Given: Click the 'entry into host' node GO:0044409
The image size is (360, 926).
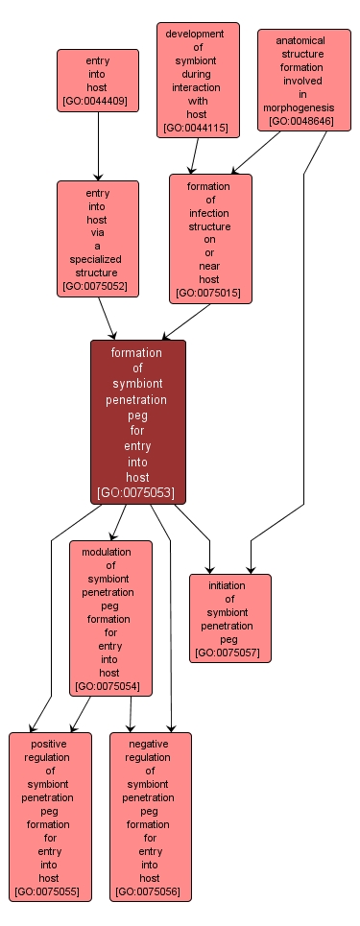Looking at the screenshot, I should click(97, 81).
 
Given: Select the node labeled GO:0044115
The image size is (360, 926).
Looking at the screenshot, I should click(198, 81).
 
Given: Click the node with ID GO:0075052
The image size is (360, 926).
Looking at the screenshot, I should click(97, 238).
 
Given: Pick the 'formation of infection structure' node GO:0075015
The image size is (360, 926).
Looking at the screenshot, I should click(209, 238).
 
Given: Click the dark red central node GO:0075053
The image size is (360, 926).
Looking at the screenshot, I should click(137, 421).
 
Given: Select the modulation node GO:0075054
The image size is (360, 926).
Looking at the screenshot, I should click(109, 618).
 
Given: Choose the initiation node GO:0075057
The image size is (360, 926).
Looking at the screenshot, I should click(229, 618).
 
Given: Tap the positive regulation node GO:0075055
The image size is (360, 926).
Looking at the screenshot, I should click(50, 817).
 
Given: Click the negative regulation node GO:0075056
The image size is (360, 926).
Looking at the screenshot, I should click(150, 817).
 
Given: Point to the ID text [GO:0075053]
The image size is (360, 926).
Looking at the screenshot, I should click(137, 493).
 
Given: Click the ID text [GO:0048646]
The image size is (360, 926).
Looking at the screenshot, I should click(300, 122).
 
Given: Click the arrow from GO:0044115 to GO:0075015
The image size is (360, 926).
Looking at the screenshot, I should click(195, 155).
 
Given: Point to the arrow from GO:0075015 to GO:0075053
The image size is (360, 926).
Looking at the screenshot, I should click(184, 322).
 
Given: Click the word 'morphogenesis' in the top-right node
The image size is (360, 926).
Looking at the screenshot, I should click(300, 108).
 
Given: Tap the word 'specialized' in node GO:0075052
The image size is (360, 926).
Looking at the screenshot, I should click(97, 259).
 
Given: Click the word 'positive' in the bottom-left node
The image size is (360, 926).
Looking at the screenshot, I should click(50, 744).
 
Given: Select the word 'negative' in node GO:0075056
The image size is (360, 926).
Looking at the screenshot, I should click(150, 744).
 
